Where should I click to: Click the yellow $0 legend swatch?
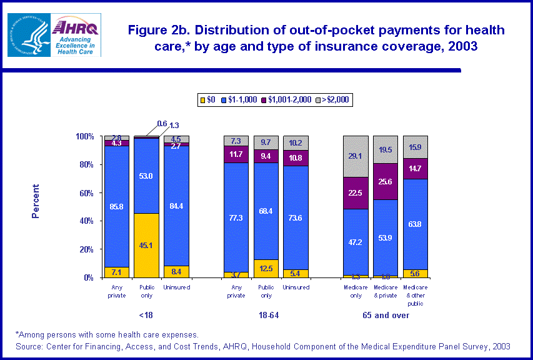(x=202, y=99)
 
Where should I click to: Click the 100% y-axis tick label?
(x=84, y=136)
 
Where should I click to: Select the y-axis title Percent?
(x=36, y=201)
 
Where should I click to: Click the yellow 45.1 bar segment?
(x=146, y=245)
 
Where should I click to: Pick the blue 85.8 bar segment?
(x=116, y=206)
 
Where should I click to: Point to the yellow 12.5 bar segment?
(x=266, y=269)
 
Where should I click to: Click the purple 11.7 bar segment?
(x=236, y=154)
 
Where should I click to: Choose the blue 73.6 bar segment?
(x=295, y=219)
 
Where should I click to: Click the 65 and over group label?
(x=386, y=316)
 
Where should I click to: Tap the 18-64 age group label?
(x=265, y=316)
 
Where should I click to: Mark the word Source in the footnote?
(x=31, y=346)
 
